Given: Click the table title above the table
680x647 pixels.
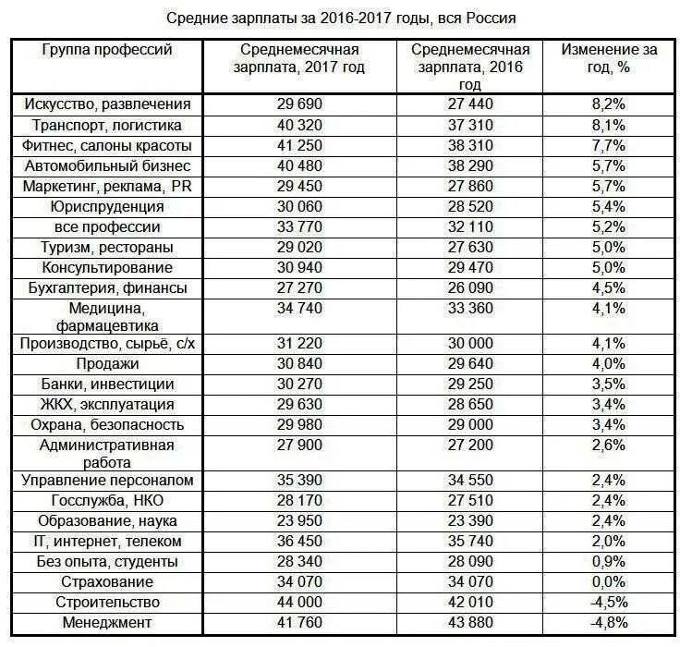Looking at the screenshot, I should (340, 18).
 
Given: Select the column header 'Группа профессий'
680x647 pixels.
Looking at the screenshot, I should (107, 50).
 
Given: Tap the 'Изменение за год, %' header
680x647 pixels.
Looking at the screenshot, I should (609, 58).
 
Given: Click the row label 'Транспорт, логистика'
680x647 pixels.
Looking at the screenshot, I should (107, 125).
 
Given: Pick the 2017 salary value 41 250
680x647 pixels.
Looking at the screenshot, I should (299, 145).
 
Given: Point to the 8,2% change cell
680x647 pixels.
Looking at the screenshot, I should (609, 104).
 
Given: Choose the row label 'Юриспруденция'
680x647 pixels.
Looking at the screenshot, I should (107, 206).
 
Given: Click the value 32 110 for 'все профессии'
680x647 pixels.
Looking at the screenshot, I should (470, 226).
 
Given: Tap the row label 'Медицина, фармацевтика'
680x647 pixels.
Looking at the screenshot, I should (107, 316).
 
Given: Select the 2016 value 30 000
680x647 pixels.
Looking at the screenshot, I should (470, 344).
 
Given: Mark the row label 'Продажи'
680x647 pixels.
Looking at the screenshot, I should (107, 364).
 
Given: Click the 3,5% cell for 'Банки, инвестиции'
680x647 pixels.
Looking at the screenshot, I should (609, 385).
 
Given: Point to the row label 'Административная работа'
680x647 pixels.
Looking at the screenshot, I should (107, 452).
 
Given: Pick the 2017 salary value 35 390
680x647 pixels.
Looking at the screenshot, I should (299, 480).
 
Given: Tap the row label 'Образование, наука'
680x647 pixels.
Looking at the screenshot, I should (107, 520).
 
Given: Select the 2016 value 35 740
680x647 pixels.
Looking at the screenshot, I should (470, 541).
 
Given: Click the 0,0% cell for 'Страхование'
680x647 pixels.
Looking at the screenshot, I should (609, 582).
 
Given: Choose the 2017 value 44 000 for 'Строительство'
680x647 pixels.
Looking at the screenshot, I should (299, 603).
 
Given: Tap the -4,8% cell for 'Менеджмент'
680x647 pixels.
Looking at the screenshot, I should (609, 623).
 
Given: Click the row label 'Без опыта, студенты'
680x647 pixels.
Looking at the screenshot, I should (107, 561).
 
